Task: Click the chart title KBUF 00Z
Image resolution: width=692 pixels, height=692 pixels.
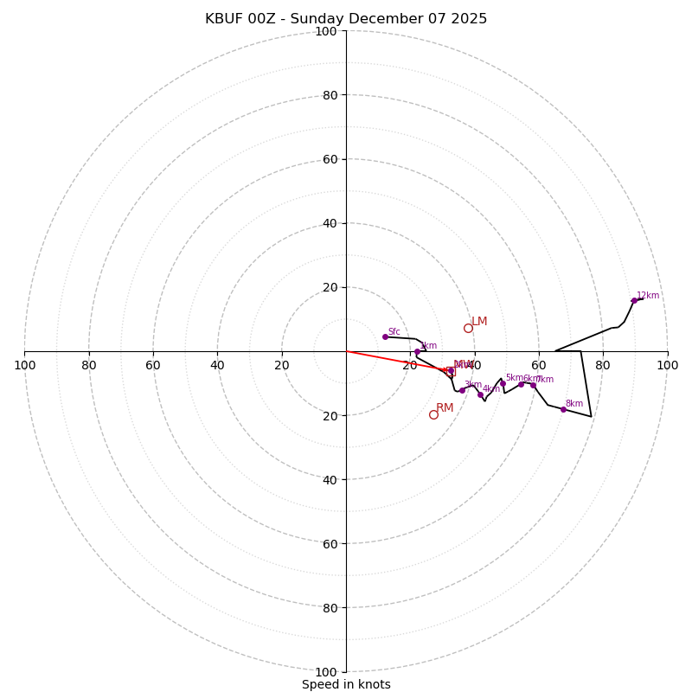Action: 346,19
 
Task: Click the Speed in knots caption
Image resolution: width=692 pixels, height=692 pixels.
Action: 346,684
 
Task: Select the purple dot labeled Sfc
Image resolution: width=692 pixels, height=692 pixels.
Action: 385,336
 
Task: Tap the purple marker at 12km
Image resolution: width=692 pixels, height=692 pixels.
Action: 634,300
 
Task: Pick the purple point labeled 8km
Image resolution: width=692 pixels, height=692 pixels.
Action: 563,409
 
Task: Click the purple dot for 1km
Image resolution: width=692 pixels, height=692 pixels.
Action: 417,351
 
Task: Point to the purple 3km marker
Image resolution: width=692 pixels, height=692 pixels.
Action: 462,390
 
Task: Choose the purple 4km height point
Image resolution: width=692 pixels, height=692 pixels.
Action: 480,394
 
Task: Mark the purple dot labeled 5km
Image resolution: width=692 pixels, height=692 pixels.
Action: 503,383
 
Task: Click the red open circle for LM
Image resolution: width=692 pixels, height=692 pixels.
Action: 468,328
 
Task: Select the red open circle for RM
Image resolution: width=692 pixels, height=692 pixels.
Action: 433,414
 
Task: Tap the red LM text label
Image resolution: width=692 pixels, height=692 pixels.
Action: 479,322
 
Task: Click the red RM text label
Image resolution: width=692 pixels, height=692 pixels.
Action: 445,408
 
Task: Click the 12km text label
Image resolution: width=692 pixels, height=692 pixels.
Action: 648,296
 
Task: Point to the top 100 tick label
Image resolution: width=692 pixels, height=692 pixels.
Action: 326,31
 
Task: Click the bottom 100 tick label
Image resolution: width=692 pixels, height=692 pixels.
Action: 326,672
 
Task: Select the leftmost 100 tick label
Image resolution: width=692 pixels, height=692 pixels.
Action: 24,365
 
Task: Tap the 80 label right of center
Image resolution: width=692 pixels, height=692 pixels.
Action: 603,365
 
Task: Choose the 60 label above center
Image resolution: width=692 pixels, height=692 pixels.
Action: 330,159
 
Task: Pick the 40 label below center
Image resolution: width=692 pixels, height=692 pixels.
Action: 330,479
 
